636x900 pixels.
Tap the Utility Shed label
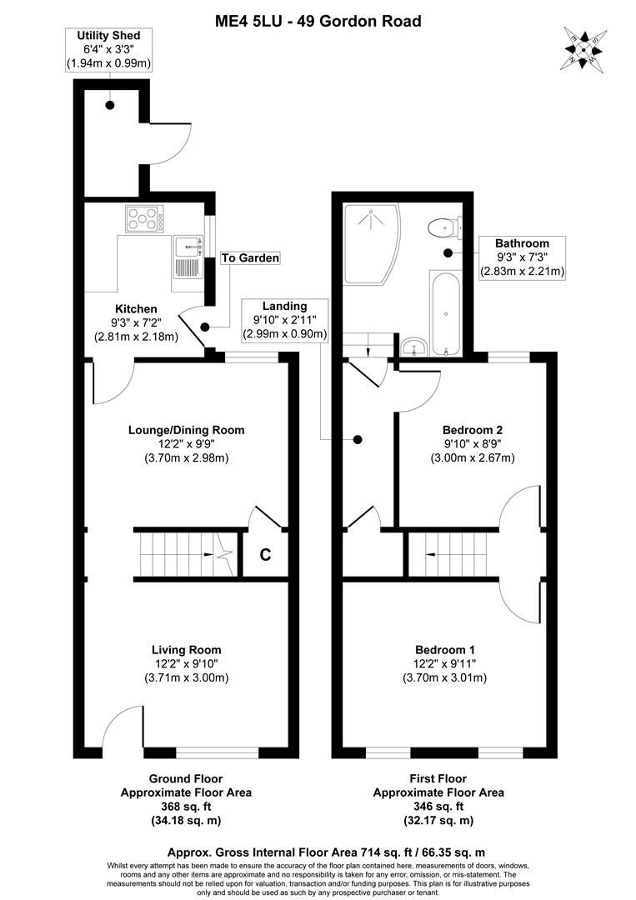tap(108, 36)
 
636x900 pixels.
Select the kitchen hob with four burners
tap(144, 219)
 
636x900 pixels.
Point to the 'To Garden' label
tap(250, 258)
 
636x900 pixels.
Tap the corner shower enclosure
tap(369, 242)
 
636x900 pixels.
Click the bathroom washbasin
tap(413, 346)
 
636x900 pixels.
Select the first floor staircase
tap(454, 554)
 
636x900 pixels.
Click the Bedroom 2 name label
tap(472, 430)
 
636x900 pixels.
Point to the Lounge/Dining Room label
tap(186, 430)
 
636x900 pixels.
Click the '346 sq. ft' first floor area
tap(438, 807)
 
